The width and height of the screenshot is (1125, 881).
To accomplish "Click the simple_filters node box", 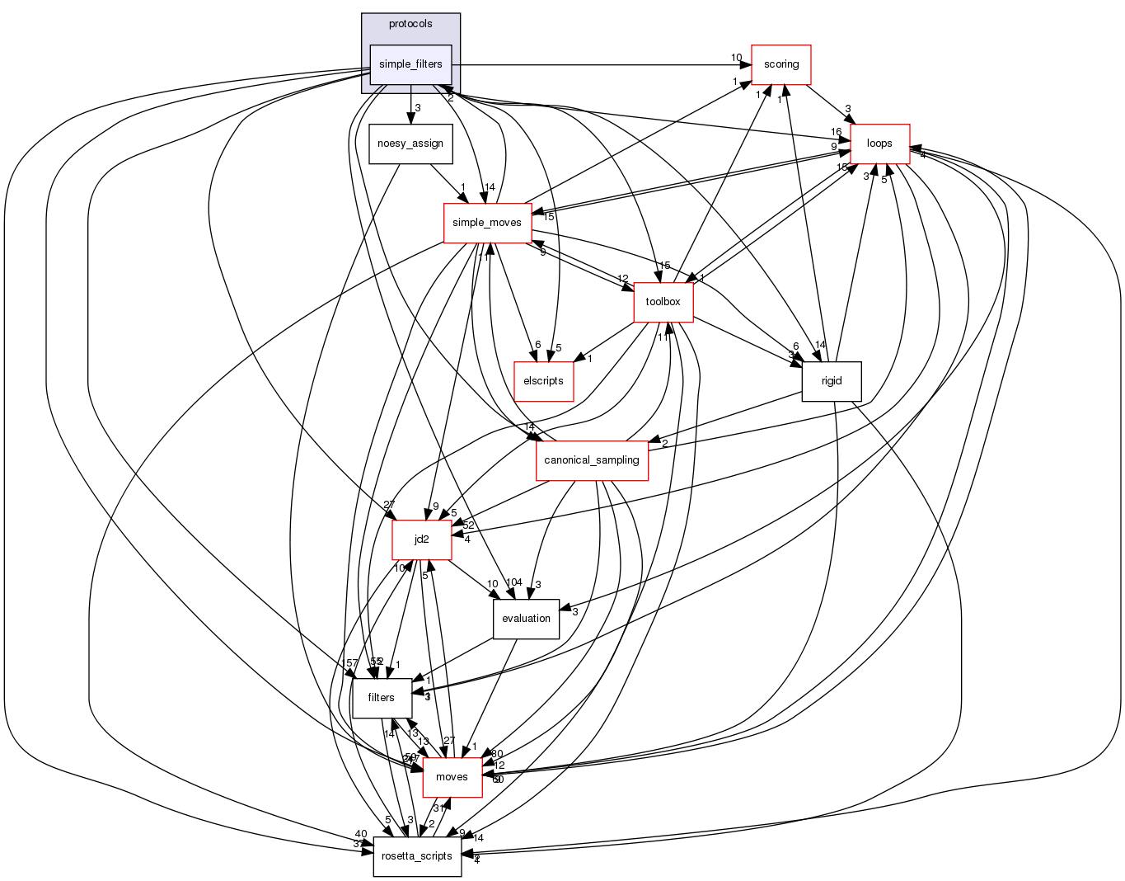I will pos(410,64).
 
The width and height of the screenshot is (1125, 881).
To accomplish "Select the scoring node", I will pos(780,64).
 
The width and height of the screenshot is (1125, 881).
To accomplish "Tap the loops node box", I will pos(879,144).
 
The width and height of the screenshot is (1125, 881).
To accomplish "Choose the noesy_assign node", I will pos(410,144).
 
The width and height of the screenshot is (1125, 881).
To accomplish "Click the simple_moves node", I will pos(487,223).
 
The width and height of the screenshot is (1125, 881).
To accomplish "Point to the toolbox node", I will pos(663,302).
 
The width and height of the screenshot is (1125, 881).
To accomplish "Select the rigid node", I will pos(832,381).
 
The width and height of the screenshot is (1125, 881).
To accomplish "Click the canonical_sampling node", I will pos(592,460).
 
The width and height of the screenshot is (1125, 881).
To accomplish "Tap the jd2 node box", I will pos(421,539).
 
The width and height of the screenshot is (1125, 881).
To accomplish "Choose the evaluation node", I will pos(526,619).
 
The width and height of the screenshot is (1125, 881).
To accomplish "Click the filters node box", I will pos(381,698).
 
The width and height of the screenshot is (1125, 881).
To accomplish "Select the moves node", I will pos(452,777).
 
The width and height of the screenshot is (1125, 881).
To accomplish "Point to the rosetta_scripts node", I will pos(417,856).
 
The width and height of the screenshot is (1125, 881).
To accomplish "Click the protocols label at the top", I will pos(410,24).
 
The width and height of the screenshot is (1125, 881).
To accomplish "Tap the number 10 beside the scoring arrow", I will pos(736,58).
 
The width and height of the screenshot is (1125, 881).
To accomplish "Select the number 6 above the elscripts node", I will pos(537,345).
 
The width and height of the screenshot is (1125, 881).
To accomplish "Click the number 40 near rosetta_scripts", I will pos(361,834).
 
